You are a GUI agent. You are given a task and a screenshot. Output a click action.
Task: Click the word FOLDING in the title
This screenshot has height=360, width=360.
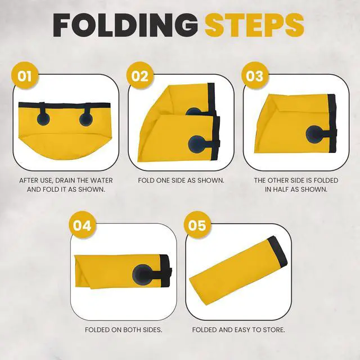pos(125,25)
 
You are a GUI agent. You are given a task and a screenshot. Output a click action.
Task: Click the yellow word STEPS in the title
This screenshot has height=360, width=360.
pos(254,25)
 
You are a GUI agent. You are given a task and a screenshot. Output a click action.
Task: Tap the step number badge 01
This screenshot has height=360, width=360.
pos(25,75)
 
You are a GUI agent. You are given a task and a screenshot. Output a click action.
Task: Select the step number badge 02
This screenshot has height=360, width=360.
pos(140,75)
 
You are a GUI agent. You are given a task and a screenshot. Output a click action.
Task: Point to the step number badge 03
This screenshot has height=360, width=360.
pos(255,75)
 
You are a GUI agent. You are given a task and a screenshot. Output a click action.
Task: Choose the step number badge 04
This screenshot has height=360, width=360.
pos(83,225)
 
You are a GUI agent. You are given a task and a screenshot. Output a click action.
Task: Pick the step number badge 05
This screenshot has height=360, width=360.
pos(197,225)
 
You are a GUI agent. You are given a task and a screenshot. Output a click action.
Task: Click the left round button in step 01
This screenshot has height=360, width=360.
pos(43,118)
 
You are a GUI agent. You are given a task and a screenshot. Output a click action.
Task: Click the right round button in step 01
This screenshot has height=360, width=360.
pos(86,119)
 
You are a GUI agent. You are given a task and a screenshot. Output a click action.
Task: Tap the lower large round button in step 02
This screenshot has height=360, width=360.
pos(197,144)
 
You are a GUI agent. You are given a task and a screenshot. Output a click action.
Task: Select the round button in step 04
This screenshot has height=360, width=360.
pos(142,274)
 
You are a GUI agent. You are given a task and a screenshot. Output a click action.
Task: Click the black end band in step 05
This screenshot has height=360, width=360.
pos(277,251)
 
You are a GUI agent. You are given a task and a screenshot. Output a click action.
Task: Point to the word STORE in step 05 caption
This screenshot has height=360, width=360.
pos(273,330)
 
